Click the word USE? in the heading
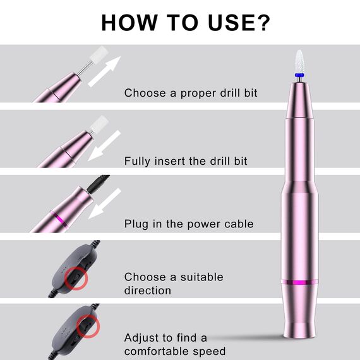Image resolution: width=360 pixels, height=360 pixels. pos(239,22)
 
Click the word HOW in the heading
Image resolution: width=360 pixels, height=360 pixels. pos(129,22)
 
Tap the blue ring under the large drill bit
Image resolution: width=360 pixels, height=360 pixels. pos(299,75)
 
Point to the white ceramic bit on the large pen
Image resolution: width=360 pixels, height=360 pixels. pos(299,61)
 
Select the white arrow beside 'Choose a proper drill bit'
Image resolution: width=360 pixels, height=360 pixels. pos(105,71)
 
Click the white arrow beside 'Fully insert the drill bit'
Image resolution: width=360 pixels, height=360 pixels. pos(104,145)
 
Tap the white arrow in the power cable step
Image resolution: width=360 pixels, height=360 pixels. pos(105,203)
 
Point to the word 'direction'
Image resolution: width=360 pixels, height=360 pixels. pos(148,290)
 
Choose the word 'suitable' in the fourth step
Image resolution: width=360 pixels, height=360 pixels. pos(202,277)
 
